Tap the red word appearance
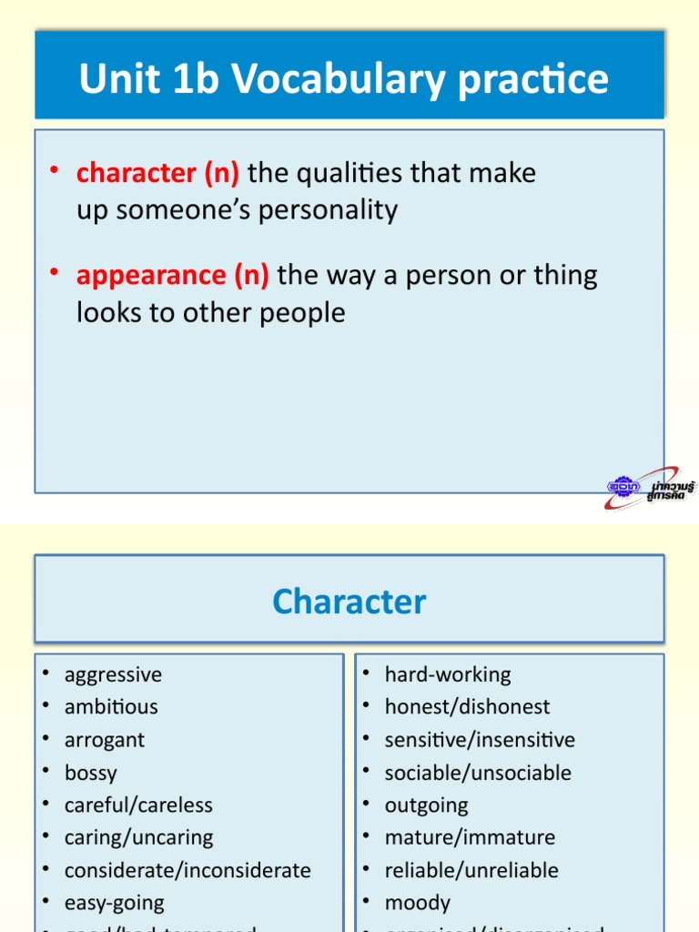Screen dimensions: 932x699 150,274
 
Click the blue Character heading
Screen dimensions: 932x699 349,602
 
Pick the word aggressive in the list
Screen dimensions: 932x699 113,674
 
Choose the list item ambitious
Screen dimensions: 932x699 111,706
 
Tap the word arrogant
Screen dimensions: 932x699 105,739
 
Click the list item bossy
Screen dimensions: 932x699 91,773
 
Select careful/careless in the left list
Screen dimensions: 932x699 138,805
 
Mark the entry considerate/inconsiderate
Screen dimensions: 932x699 187,870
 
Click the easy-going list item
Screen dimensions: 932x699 115,903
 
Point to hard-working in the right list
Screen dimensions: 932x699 448,674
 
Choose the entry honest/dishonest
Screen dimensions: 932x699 467,706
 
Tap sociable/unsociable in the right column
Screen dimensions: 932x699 478,773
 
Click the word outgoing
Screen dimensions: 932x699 426,805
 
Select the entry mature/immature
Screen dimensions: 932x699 470,837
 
